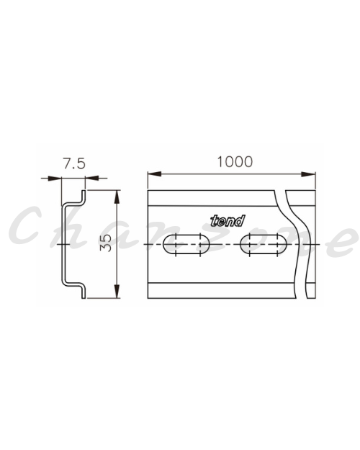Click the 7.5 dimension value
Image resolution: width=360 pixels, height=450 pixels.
pos(74,163)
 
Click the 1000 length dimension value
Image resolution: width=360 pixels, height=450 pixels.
pos(235,161)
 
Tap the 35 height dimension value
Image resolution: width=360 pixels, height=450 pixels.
pos(106,243)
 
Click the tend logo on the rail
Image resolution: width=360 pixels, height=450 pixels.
pos(228,221)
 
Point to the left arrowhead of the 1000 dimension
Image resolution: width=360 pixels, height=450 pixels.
pos(154,174)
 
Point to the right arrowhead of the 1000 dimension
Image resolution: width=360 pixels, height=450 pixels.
pos(309,174)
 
